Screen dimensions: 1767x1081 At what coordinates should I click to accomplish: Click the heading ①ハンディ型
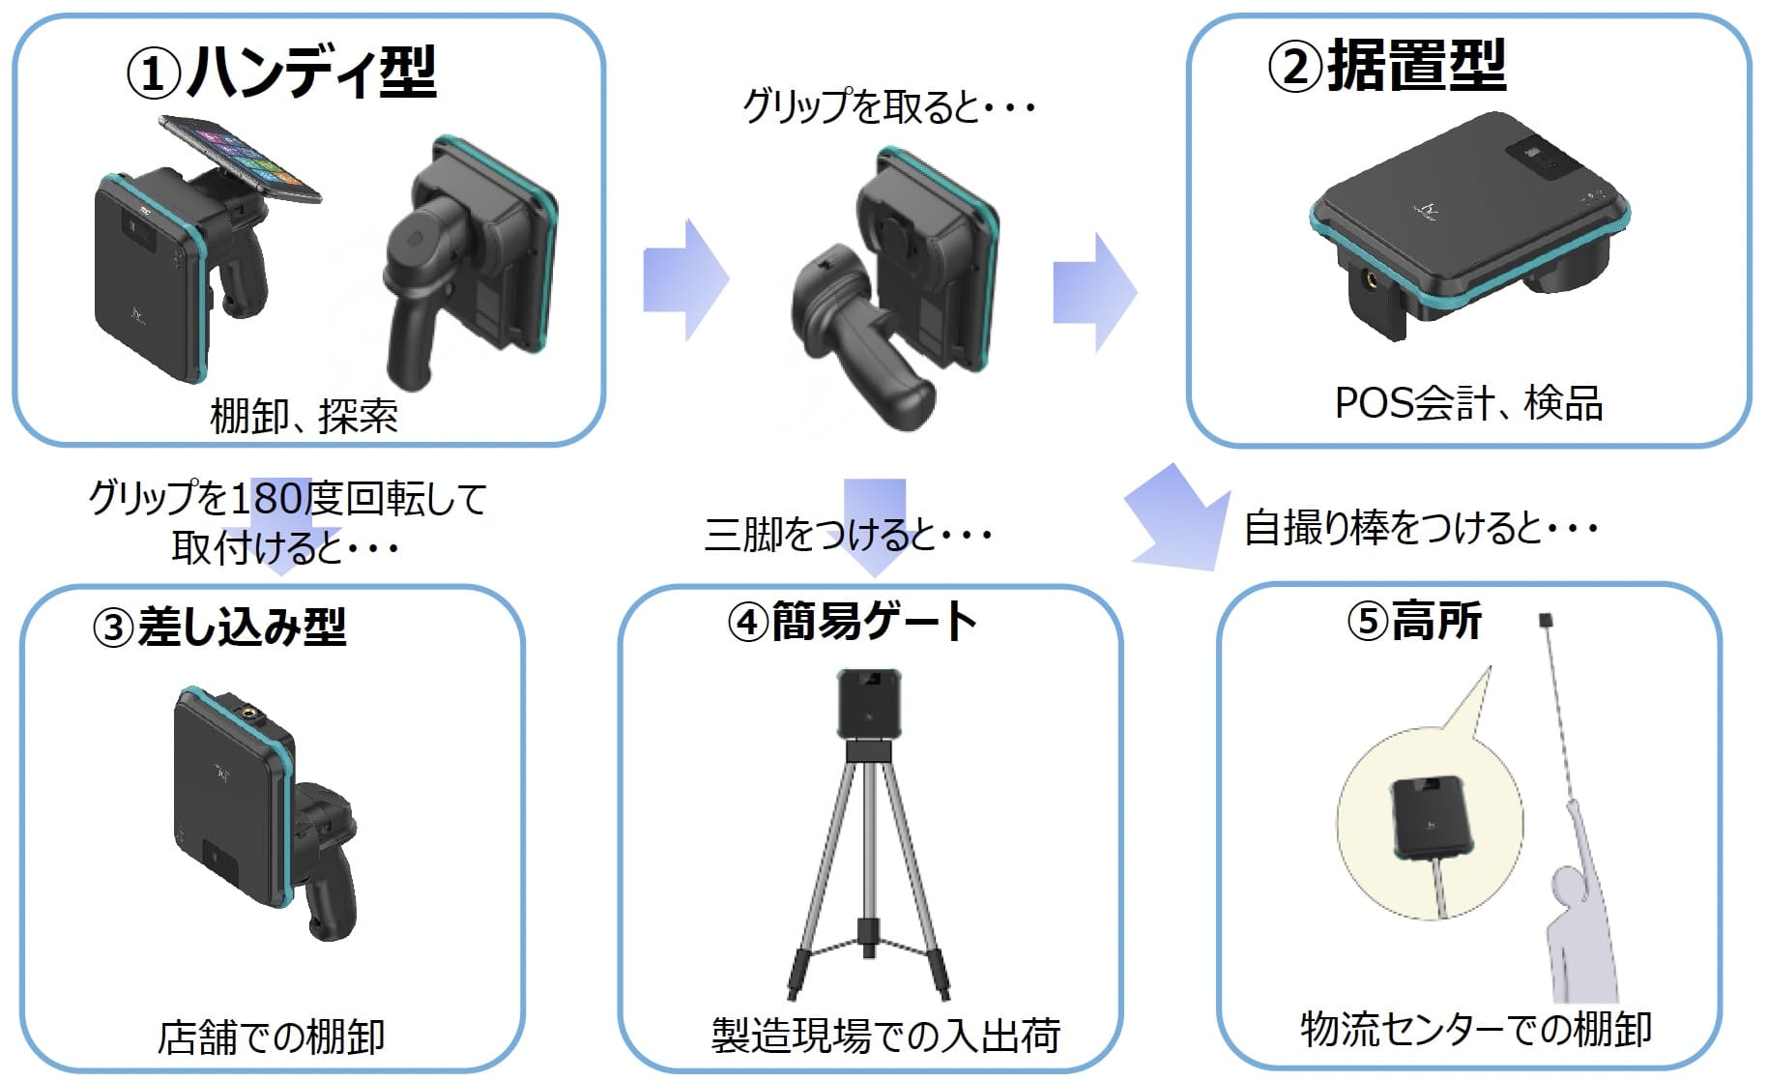coord(281,73)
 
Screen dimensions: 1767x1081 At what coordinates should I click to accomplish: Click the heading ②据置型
coord(1386,66)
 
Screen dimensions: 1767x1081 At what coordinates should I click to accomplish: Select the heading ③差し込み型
coord(218,627)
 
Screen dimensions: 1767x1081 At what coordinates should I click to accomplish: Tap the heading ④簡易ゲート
coord(852,621)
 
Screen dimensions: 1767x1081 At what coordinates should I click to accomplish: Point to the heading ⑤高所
coord(1413,621)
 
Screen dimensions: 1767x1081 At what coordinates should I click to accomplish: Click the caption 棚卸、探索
coord(304,416)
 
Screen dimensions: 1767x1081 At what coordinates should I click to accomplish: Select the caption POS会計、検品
coord(1468,403)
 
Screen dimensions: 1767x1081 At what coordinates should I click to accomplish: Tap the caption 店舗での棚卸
coord(272,1037)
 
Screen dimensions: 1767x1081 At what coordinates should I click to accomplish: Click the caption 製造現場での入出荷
coord(885,1035)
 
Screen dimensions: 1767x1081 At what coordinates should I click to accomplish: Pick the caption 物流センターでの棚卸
coord(1475,1029)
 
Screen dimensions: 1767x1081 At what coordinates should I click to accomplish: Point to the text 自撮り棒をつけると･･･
coord(1420,528)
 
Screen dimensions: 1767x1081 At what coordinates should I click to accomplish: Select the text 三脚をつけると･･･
coord(848,534)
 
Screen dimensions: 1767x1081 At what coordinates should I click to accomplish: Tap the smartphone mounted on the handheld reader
coord(240,155)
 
